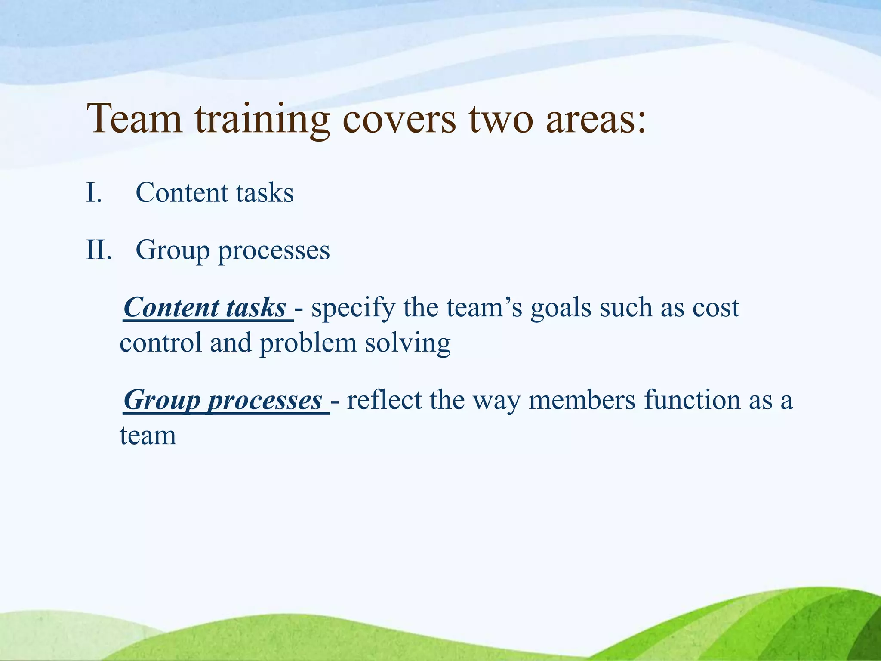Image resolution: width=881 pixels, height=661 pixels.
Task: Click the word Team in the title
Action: tap(135, 119)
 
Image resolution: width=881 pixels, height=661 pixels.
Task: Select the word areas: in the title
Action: tap(596, 119)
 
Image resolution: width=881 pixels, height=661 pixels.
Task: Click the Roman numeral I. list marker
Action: tap(94, 192)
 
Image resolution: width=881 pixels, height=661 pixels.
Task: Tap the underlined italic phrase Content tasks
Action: tap(205, 308)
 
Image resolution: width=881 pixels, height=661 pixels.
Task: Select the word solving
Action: tap(407, 344)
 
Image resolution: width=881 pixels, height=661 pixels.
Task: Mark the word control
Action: tap(161, 343)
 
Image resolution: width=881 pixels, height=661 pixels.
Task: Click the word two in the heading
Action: tap(501, 119)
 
